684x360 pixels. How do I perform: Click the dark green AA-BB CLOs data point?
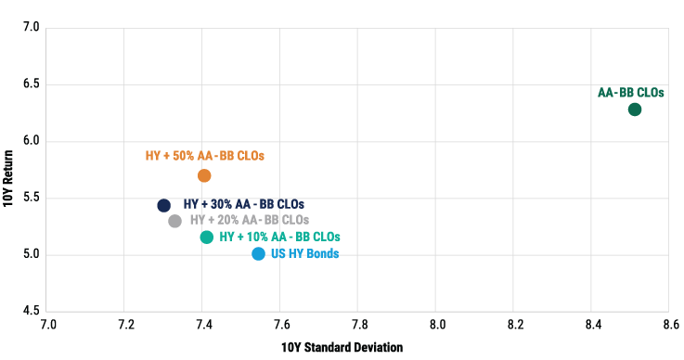coord(635,109)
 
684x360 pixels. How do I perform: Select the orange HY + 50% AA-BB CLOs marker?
coord(204,175)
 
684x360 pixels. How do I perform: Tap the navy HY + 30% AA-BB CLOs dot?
coord(164,205)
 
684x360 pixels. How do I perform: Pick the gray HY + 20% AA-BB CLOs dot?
coord(175,221)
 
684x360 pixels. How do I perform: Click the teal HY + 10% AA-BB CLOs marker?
coord(206,238)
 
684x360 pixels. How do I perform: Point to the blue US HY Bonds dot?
coord(258,253)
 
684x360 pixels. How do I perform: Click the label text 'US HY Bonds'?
coord(304,253)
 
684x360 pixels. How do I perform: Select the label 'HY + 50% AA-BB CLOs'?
coord(205,156)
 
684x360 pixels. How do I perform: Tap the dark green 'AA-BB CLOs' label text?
coord(631,92)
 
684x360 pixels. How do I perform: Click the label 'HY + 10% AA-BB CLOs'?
coord(278,238)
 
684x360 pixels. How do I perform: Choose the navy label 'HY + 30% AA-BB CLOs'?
coord(243,204)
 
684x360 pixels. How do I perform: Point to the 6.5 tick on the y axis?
coord(32,84)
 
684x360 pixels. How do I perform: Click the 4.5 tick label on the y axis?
coord(32,311)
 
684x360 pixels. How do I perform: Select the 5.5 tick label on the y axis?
coord(32,198)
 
